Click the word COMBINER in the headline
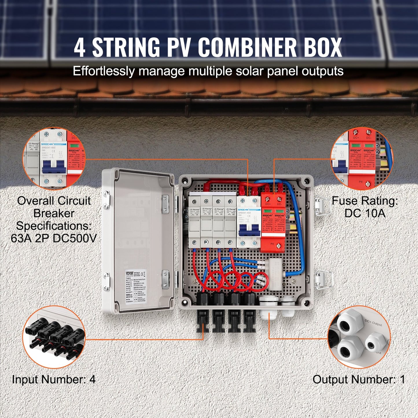248,47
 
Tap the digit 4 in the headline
80,47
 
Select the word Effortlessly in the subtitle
104,71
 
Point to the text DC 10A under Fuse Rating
365,213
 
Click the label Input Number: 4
54,379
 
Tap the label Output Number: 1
359,379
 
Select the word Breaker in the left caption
54,213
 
